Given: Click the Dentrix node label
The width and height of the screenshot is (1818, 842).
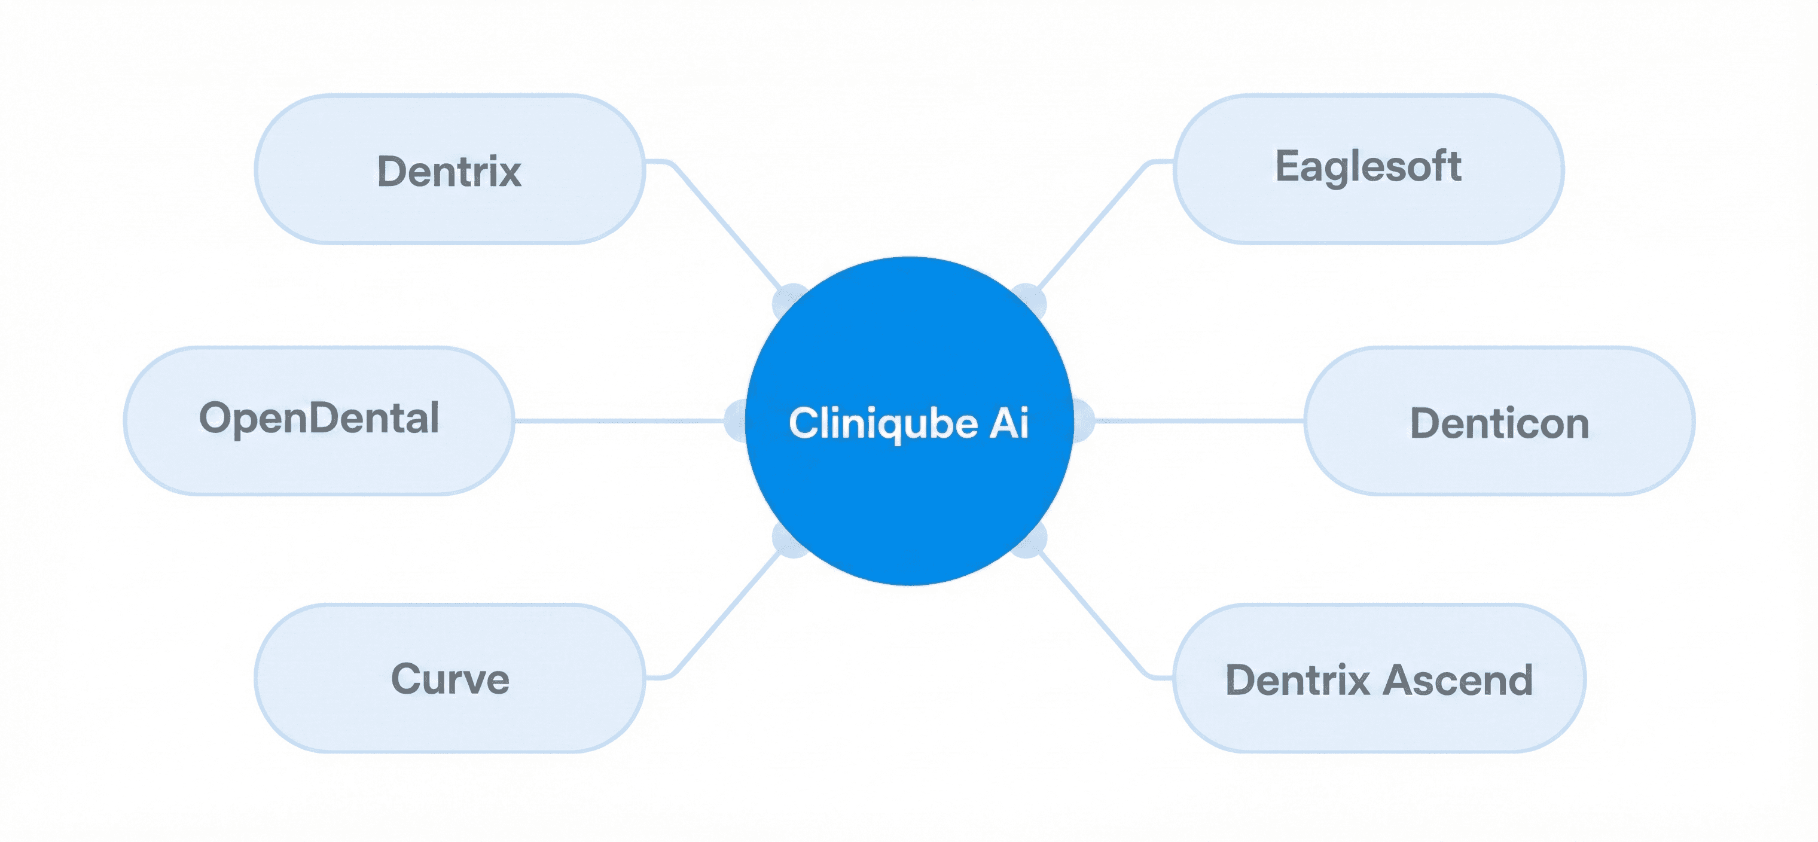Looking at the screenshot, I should click(x=449, y=171).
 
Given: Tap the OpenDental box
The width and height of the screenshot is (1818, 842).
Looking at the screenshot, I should click(x=319, y=419).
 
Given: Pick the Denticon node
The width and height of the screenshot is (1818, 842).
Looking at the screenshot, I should click(x=1499, y=422).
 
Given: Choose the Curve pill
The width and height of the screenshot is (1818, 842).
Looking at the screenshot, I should click(x=450, y=678).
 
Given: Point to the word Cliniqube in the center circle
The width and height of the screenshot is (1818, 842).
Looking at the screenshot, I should click(x=883, y=423).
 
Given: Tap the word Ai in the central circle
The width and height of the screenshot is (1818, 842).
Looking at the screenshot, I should click(x=1009, y=423).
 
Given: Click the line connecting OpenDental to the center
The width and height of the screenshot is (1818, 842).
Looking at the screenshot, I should click(x=621, y=420).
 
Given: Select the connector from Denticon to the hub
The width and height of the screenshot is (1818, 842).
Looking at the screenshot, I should click(x=1200, y=420).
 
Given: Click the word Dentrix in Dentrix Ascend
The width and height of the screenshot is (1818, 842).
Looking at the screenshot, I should click(x=1297, y=680).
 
